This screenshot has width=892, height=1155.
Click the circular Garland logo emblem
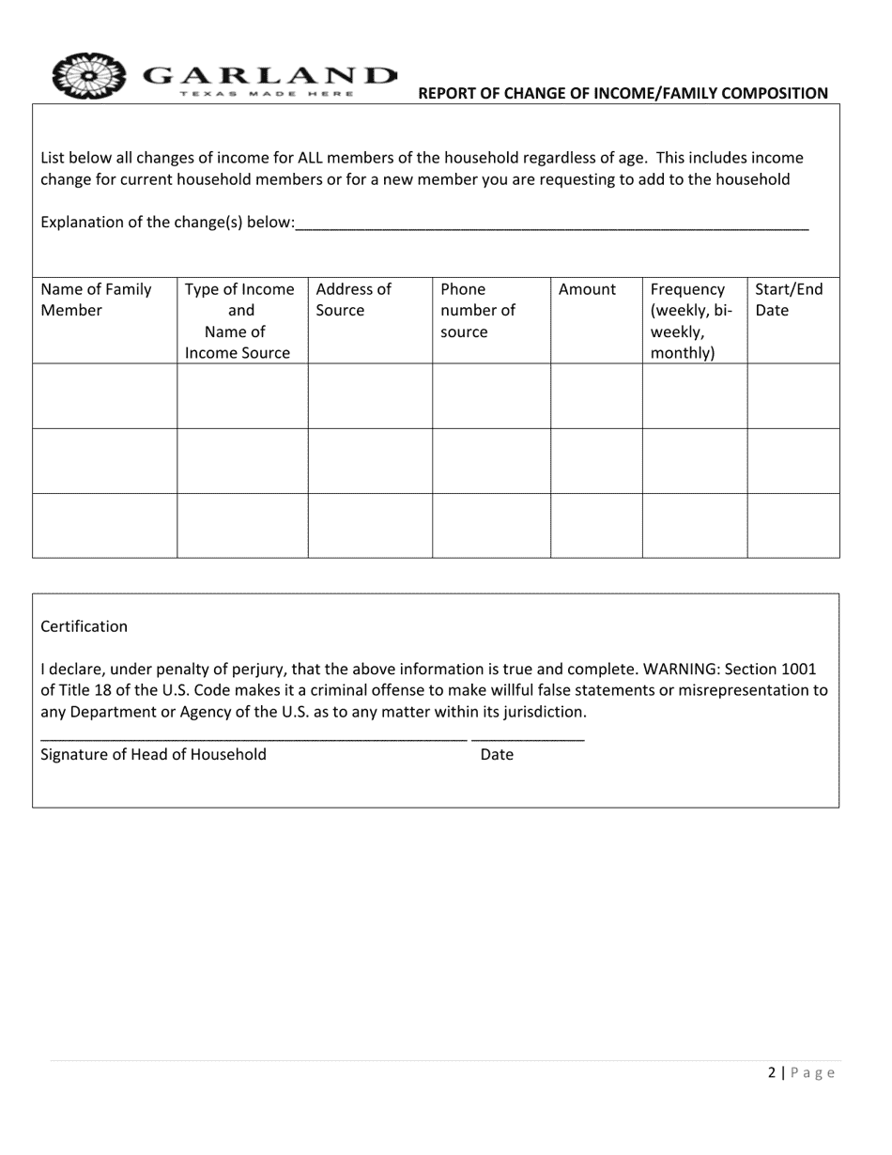[89, 75]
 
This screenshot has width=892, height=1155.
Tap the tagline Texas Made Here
[267, 94]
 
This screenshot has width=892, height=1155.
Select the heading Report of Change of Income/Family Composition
[623, 93]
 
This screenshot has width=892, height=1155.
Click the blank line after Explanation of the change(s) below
[551, 223]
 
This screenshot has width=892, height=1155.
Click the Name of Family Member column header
[96, 300]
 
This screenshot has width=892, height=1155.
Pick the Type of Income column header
[241, 321]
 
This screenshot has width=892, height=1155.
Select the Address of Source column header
[353, 300]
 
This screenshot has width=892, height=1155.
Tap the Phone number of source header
[478, 310]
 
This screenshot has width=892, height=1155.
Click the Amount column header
[587, 289]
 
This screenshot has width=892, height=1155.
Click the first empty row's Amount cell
[596, 396]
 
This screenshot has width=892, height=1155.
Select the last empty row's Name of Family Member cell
[105, 525]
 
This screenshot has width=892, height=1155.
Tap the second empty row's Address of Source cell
[370, 460]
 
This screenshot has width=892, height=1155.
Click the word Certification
[85, 626]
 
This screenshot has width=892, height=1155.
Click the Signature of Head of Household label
[153, 754]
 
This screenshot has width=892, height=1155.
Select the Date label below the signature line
[497, 754]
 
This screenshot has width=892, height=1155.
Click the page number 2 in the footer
[772, 1073]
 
